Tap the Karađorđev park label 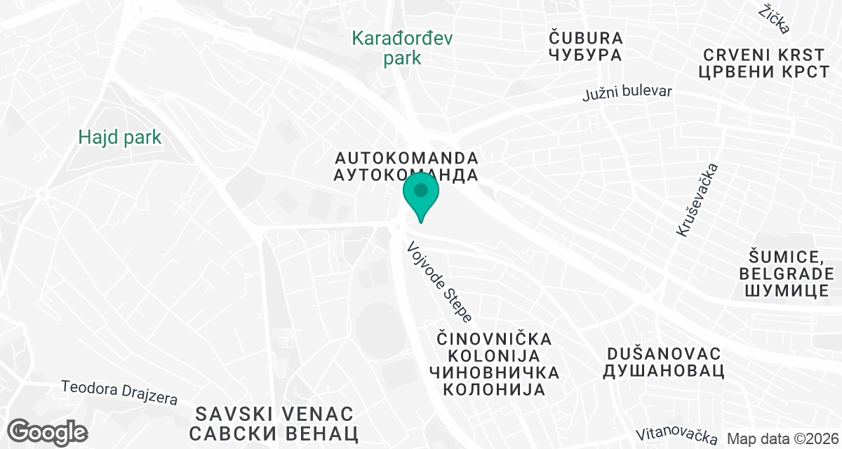pos(402,47)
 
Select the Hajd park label pos(120,137)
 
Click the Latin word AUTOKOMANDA pos(407,157)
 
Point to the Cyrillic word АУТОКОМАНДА pos(407,175)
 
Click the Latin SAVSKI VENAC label pos(274,413)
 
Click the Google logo pos(48,431)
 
